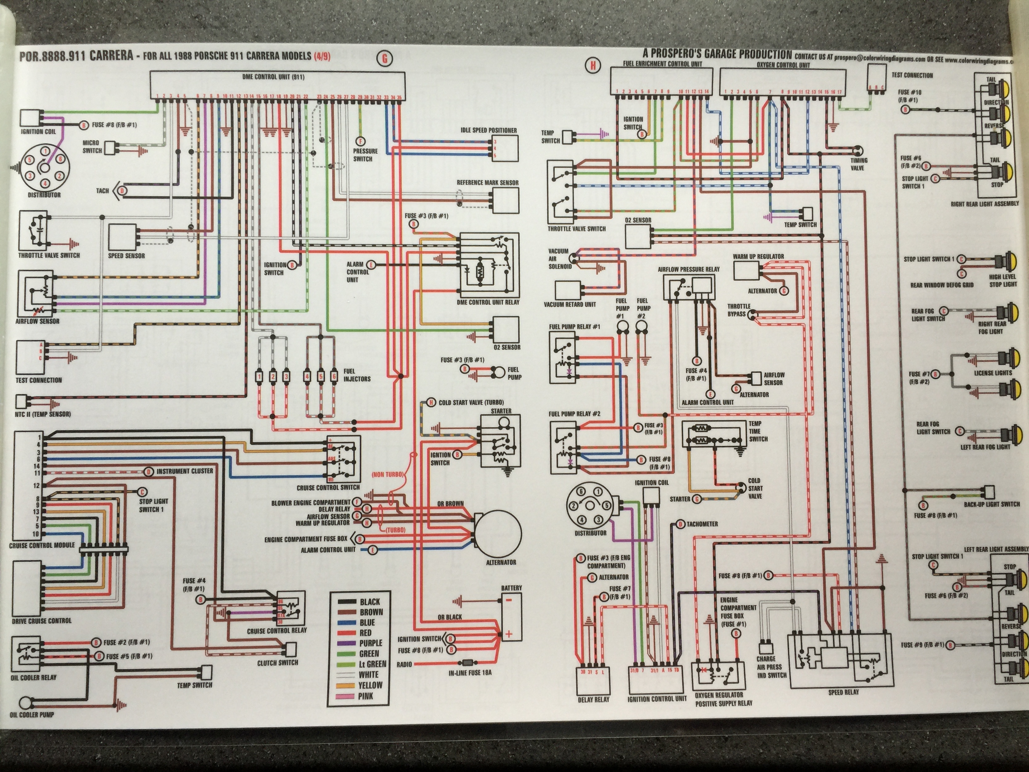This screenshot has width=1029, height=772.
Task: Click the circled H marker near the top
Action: (x=593, y=66)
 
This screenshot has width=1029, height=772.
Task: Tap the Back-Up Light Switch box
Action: (x=989, y=492)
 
